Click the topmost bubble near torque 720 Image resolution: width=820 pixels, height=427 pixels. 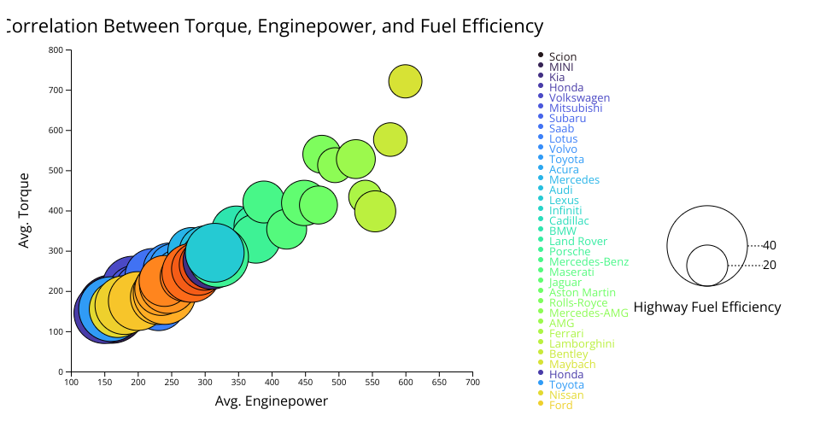[x=406, y=81]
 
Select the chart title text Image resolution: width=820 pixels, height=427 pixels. [x=273, y=26]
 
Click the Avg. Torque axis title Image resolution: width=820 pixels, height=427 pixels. [x=25, y=210]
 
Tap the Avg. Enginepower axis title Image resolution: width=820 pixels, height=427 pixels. [x=272, y=401]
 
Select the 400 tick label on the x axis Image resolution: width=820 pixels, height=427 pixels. [x=272, y=382]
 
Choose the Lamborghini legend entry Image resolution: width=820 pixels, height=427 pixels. [x=582, y=343]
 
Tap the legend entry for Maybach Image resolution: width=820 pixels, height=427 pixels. [x=572, y=364]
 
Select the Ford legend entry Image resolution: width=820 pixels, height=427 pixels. [x=561, y=405]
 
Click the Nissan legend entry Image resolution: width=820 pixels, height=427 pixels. [x=566, y=395]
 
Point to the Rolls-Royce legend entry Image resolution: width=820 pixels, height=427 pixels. [x=578, y=302]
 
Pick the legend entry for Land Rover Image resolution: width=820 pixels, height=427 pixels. [x=578, y=241]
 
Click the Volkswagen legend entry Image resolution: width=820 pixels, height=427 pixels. [x=579, y=97]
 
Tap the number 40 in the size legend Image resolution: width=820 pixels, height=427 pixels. [x=770, y=245]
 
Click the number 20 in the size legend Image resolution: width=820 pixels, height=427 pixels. [x=770, y=266]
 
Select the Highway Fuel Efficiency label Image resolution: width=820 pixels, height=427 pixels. [x=707, y=307]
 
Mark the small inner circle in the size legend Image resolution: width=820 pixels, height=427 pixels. [x=707, y=266]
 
